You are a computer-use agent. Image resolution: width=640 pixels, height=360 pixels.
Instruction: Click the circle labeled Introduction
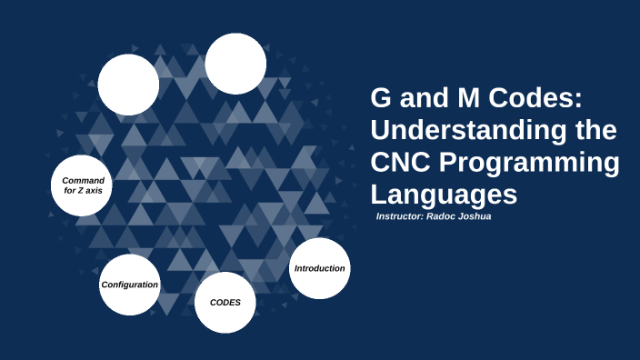point(319,268)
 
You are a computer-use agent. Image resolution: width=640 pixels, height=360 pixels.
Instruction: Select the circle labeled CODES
point(225,302)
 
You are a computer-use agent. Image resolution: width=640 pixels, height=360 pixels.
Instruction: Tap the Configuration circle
point(129,285)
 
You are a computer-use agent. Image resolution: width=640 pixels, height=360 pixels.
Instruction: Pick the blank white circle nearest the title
point(235,64)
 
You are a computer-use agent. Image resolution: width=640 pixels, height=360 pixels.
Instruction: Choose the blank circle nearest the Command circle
point(128,85)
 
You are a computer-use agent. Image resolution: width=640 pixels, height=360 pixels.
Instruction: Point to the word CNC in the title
point(400,163)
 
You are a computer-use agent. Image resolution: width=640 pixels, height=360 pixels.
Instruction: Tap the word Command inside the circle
point(83,180)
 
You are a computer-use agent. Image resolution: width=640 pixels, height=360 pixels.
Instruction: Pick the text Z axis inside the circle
point(89,192)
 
